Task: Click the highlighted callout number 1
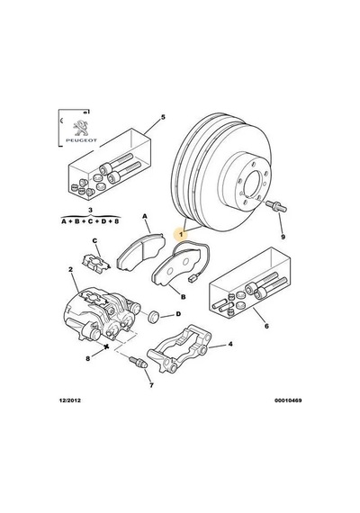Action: click(181, 234)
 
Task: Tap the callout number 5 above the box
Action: click(163, 118)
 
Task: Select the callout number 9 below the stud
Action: click(283, 237)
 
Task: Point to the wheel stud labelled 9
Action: click(276, 206)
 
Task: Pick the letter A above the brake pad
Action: click(145, 216)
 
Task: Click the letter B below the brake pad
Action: click(183, 297)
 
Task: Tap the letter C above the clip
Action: click(94, 241)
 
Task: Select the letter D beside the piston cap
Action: click(178, 314)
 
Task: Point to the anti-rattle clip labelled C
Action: click(94, 264)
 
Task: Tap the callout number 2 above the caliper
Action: click(70, 269)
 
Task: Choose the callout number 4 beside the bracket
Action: click(230, 344)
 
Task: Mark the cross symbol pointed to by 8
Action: click(105, 346)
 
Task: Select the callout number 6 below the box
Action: click(266, 326)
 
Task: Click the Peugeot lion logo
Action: click(80, 129)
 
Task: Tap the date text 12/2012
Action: click(69, 400)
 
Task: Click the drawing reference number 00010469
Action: click(288, 400)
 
